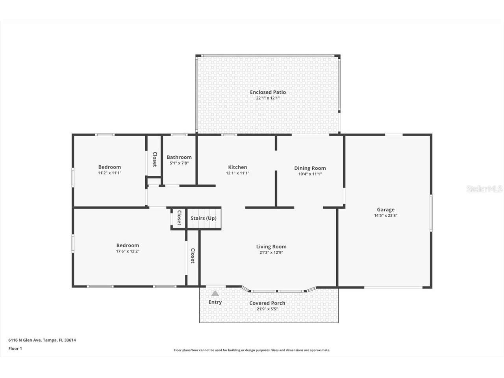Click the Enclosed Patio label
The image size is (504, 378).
[268, 92]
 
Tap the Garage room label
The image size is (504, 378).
[385, 209]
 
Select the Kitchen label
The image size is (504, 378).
[237, 167]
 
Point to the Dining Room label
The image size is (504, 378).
[310, 168]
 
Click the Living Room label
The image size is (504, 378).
[271, 246]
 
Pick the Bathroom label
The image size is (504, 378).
[179, 157]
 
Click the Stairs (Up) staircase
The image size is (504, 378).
[203, 219]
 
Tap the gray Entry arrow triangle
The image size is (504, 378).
[215, 293]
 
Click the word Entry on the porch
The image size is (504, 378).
[215, 302]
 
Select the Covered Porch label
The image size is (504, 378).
[267, 303]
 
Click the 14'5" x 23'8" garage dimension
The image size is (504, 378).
[385, 215]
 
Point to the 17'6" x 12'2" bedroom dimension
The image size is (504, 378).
[128, 251]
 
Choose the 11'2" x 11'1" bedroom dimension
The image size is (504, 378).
[109, 173]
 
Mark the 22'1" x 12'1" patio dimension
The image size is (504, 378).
[268, 98]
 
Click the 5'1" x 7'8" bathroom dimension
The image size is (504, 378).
[179, 163]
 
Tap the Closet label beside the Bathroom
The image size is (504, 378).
[155, 159]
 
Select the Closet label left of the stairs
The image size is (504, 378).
[179, 218]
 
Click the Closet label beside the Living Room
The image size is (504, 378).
[193, 256]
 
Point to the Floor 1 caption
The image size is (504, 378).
[15, 348]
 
